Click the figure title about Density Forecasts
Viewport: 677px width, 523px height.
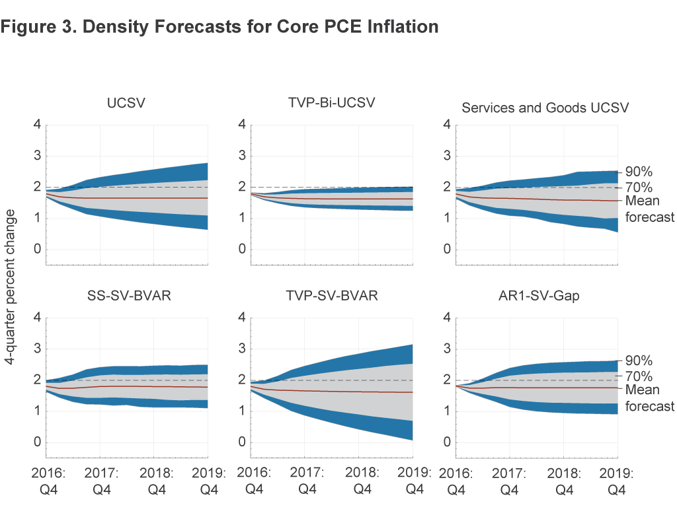(220, 27)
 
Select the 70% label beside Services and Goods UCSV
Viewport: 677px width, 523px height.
(639, 188)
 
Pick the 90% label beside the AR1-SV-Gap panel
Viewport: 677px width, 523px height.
(639, 361)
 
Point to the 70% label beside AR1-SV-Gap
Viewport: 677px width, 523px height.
(639, 376)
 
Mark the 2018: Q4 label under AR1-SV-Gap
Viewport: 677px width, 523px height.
(564, 482)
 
